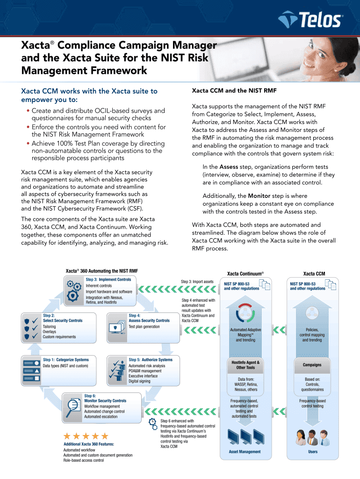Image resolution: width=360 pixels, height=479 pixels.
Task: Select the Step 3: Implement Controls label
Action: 108,280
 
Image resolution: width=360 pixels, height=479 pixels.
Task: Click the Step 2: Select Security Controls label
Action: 63,318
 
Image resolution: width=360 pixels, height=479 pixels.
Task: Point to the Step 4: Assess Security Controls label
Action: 149,318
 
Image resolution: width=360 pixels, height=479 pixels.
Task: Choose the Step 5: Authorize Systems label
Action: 150,360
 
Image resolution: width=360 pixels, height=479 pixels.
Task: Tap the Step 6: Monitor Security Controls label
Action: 105,399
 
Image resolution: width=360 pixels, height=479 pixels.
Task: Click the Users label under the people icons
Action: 312,452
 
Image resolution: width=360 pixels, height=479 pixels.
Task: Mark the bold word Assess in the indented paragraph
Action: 229,167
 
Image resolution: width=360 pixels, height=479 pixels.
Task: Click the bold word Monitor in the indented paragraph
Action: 259,196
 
